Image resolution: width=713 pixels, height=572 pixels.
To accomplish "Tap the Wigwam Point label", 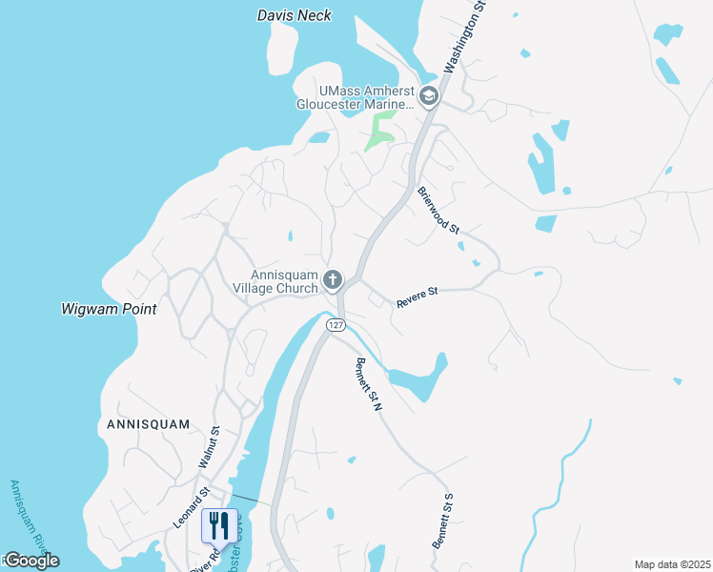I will tap(109, 310).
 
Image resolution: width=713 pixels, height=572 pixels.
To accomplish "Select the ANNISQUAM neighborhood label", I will tap(148, 423).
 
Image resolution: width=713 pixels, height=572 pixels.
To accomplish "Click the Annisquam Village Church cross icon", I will tap(333, 279).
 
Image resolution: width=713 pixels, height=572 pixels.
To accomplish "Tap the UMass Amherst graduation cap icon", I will tap(429, 96).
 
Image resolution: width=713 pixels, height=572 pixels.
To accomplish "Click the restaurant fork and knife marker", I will tap(219, 525).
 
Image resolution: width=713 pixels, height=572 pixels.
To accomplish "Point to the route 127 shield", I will tap(335, 325).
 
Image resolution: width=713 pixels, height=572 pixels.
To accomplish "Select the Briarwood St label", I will tap(438, 211).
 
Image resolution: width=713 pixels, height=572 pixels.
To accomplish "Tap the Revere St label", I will tap(417, 296).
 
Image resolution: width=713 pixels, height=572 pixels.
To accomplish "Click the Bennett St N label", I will tap(368, 383).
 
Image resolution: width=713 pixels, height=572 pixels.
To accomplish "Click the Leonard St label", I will tap(192, 507).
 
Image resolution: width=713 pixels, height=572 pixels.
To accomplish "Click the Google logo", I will tap(31, 561).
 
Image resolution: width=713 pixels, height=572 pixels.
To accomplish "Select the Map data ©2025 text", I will tap(671, 564).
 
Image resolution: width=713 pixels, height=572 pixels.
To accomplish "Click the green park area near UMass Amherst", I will tap(380, 132).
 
